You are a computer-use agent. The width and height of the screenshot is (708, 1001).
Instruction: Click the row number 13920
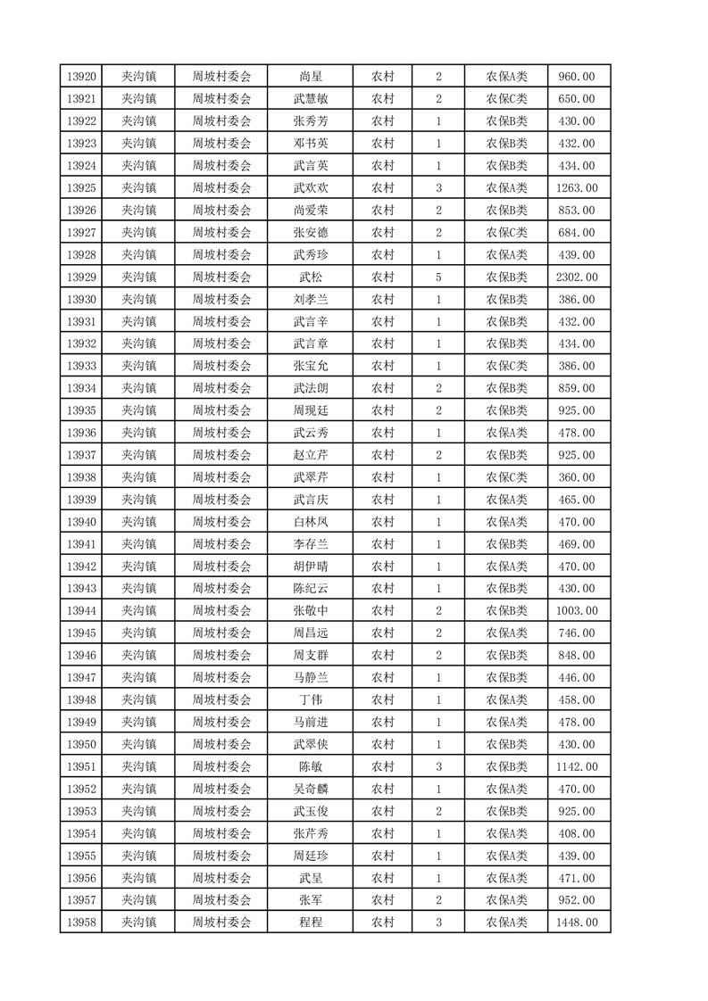click(x=80, y=77)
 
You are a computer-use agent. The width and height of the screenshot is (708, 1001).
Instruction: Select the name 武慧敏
click(x=310, y=99)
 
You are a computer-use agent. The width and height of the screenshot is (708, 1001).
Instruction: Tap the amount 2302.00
click(x=577, y=277)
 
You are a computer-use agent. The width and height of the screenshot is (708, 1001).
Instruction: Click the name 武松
click(x=310, y=277)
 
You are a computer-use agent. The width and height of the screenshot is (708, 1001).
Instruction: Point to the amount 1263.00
click(x=577, y=188)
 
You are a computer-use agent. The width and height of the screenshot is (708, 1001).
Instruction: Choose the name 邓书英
click(x=310, y=144)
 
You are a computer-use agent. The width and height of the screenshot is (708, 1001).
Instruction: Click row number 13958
click(x=80, y=922)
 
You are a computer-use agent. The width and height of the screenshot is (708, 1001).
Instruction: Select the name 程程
click(x=310, y=922)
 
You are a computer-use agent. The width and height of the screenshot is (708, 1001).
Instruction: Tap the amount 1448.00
click(x=577, y=922)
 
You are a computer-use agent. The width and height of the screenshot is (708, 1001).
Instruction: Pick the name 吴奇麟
click(x=310, y=789)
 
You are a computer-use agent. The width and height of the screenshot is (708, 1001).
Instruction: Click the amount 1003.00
click(x=577, y=610)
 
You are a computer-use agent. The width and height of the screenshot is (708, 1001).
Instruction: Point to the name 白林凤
click(x=310, y=522)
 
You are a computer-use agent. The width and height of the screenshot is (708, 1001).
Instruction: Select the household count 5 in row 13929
click(x=438, y=277)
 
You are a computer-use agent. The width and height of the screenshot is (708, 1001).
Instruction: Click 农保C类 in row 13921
click(x=506, y=99)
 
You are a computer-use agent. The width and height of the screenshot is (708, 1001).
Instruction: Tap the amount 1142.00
click(x=577, y=766)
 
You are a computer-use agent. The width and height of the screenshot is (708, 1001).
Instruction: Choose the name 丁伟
click(x=310, y=699)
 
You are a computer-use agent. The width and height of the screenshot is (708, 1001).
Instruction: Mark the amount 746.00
click(x=577, y=633)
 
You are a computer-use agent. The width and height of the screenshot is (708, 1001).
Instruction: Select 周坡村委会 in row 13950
click(x=222, y=744)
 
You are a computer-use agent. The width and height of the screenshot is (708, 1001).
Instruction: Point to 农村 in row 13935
click(x=383, y=410)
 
